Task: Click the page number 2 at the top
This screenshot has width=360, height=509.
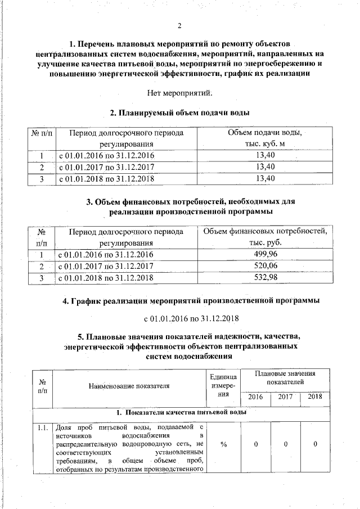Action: (x=179, y=26)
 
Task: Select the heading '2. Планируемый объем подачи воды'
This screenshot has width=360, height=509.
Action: (x=179, y=113)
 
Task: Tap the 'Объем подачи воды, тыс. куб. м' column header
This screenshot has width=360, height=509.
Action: (x=264, y=138)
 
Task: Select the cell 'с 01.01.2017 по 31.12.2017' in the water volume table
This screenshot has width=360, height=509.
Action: (x=106, y=167)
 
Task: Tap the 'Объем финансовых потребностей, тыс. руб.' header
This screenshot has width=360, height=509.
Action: (x=265, y=237)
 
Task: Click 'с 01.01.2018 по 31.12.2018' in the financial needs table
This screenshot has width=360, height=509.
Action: (x=106, y=278)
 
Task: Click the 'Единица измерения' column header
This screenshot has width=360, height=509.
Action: (x=223, y=386)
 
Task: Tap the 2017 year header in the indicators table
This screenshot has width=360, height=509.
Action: (x=286, y=397)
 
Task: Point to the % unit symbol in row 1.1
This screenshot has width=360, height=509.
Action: (x=223, y=444)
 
